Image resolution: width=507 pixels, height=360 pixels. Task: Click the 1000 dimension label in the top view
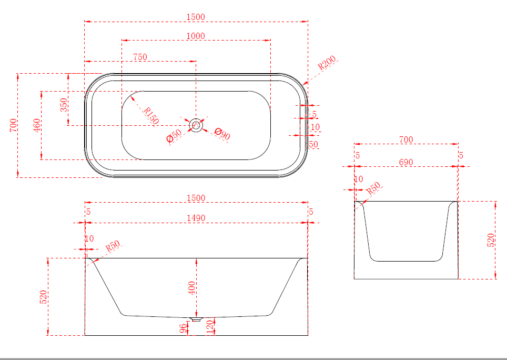pos(196,36)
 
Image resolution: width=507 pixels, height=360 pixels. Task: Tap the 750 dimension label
pos(140,57)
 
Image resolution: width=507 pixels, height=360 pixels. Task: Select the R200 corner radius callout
pos(327,63)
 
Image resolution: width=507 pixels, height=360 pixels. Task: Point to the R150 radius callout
pos(151,116)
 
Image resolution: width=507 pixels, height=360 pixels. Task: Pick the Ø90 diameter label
pos(222,134)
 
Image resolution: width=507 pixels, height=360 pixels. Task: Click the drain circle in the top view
pos(196,125)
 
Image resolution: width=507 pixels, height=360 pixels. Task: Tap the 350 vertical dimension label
pos(64,105)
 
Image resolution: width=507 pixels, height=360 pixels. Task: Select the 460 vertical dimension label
pos(37,125)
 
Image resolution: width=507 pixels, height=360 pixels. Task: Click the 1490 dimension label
pos(196,218)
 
